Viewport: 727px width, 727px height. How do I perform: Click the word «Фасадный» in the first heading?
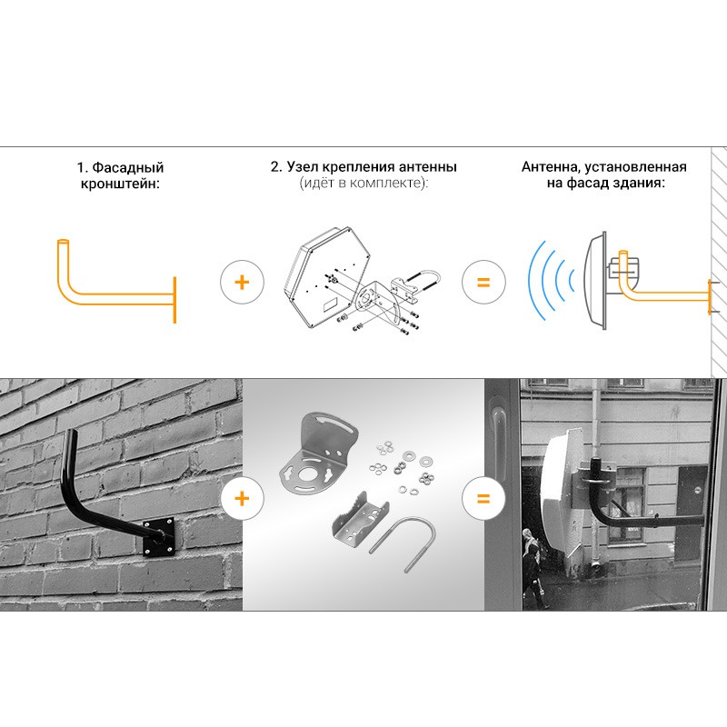pyautogui.click(x=127, y=167)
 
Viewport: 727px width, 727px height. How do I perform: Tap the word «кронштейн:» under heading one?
pyautogui.click(x=120, y=184)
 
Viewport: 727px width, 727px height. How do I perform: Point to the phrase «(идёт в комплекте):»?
pyautogui.click(x=363, y=183)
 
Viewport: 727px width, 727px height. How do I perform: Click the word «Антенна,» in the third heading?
pyautogui.click(x=551, y=167)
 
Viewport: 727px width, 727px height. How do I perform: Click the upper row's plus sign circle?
pyautogui.click(x=242, y=282)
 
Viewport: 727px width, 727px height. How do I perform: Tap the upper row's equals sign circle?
pyautogui.click(x=483, y=282)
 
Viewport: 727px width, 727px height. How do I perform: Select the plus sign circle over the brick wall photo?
pyautogui.click(x=242, y=499)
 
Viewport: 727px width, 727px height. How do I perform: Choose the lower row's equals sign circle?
pyautogui.click(x=483, y=499)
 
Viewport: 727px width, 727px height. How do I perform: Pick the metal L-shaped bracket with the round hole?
pyautogui.click(x=320, y=457)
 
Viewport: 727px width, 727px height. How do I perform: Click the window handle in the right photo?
pyautogui.click(x=499, y=441)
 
